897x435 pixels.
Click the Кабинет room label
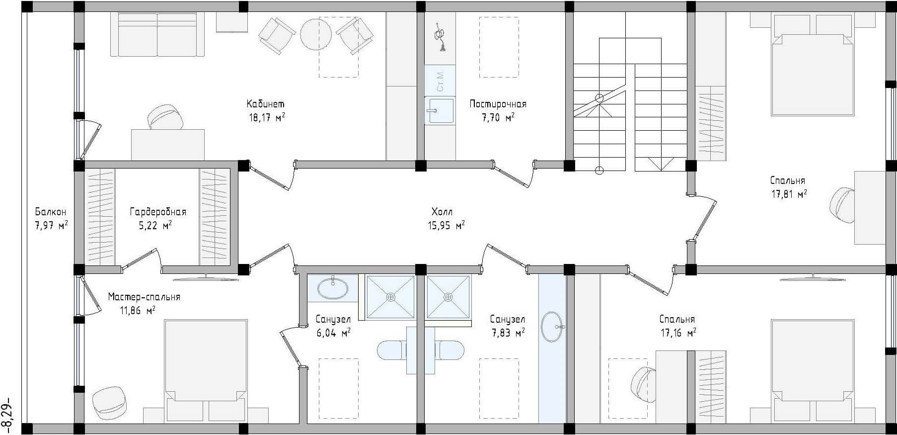(266, 104)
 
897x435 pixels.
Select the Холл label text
(442, 212)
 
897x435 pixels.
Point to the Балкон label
(50, 212)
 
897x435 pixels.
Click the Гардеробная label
(158, 212)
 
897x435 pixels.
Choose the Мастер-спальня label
(144, 297)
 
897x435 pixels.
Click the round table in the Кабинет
(316, 34)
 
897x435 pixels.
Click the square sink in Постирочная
(439, 110)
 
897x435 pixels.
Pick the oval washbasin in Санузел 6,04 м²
(332, 288)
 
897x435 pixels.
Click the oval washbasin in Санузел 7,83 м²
(552, 327)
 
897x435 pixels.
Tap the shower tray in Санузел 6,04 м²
(390, 297)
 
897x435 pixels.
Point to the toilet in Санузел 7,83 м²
(449, 350)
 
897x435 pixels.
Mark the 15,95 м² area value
(446, 225)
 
